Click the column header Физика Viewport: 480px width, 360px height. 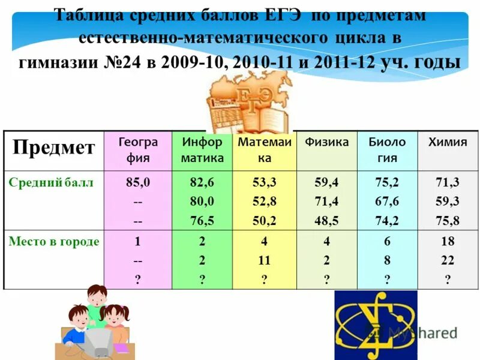tap(326, 142)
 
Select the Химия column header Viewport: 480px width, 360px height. tap(447, 142)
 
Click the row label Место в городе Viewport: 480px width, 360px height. tap(54, 242)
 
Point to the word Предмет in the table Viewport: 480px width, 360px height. tap(54, 148)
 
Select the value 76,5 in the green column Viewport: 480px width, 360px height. tap(202, 221)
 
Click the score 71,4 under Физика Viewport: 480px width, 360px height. tap(326, 202)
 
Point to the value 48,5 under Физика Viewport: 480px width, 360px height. tap(326, 221)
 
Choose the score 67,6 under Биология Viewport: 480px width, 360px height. tap(386, 202)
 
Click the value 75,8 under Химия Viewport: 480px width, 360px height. tap(447, 221)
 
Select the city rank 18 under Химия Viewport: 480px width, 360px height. tap(447, 242)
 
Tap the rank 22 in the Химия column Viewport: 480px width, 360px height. tap(447, 260)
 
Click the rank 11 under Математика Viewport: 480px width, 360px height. tap(264, 260)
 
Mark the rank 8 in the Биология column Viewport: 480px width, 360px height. tap(386, 260)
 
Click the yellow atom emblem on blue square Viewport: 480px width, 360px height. tap(375, 325)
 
